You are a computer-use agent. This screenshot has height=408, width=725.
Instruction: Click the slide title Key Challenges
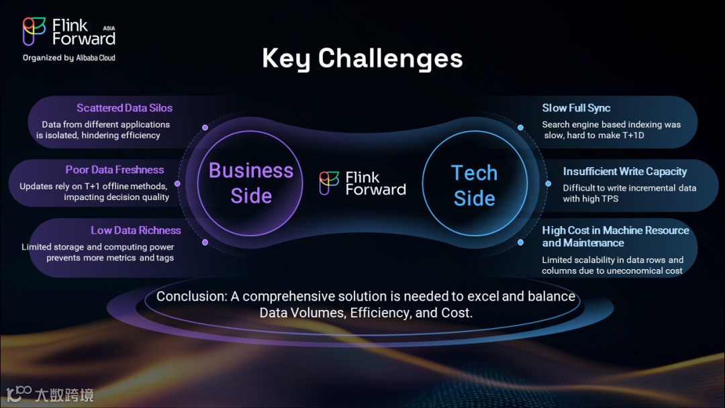click(362, 58)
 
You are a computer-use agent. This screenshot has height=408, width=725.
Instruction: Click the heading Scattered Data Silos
click(124, 107)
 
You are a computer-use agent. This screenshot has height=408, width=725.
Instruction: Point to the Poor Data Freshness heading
click(115, 170)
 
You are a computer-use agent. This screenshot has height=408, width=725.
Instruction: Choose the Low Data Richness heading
click(136, 230)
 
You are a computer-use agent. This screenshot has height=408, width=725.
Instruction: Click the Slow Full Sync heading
click(576, 108)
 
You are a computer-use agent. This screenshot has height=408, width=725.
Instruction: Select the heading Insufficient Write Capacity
click(625, 171)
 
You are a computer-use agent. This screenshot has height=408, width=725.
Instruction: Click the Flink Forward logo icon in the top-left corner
click(34, 31)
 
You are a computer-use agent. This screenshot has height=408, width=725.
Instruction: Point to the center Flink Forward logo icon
click(329, 183)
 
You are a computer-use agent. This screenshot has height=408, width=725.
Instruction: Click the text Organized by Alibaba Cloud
click(69, 58)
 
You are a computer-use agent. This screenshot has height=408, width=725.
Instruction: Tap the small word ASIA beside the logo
click(109, 28)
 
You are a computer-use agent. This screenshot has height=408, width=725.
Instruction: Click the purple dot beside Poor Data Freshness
click(177, 183)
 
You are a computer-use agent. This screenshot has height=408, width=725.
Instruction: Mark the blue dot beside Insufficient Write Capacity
click(548, 183)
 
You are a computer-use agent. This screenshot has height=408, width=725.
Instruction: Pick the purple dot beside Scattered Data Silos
click(205, 127)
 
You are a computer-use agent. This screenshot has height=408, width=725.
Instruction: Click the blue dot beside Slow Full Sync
click(520, 127)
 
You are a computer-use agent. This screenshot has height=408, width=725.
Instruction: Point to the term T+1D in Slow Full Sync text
click(634, 136)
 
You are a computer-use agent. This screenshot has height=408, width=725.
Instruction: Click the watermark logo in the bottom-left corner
click(50, 394)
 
